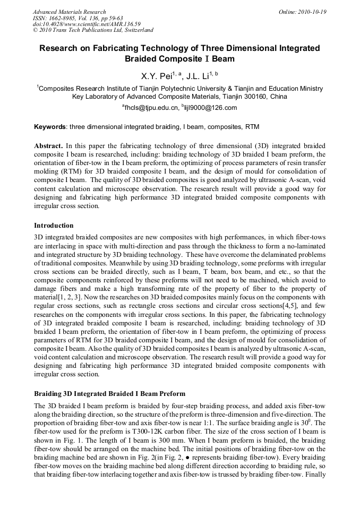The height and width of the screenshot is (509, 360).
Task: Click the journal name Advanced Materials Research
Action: (70, 12)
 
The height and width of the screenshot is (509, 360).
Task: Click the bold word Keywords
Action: (50, 127)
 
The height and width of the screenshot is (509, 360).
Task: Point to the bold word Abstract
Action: (49, 145)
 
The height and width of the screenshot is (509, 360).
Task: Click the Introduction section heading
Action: (54, 226)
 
